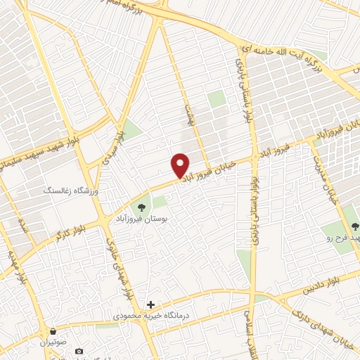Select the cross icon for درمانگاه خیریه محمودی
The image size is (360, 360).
point(150,304)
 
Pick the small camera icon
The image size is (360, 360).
point(78,351)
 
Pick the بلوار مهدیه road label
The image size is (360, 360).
point(18,267)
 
